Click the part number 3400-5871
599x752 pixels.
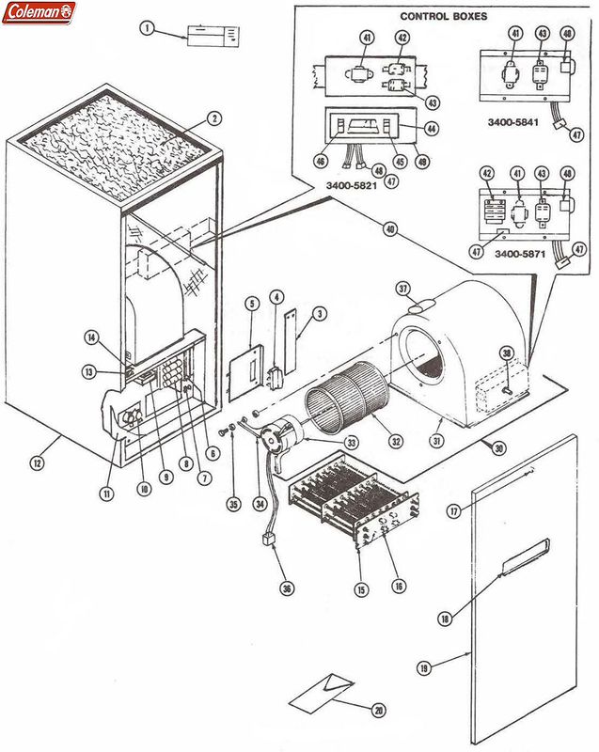coord(520,255)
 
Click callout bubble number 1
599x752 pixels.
coord(147,28)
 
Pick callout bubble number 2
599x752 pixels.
coord(214,118)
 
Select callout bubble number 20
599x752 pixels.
coord(379,710)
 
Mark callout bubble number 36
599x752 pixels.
coord(286,588)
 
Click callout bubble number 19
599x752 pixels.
coord(423,667)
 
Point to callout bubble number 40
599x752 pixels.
coord(388,227)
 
